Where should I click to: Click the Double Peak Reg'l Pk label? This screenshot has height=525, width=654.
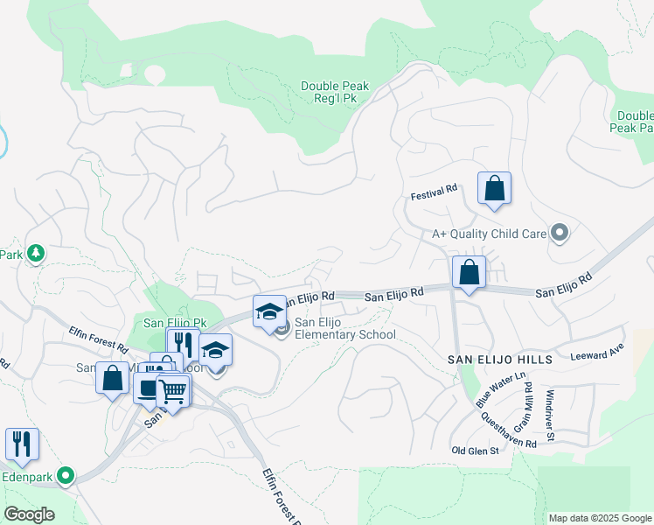335,93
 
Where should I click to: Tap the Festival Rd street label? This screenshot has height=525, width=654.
435,189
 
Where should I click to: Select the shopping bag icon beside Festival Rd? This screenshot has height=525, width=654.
494,188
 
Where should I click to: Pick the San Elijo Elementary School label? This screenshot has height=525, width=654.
344,328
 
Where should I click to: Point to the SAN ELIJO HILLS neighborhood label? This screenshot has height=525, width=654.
500,360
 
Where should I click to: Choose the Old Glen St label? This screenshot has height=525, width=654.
474,451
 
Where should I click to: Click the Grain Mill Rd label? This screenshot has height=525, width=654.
527,409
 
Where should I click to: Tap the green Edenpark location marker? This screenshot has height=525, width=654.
66,477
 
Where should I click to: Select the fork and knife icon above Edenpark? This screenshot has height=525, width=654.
22,444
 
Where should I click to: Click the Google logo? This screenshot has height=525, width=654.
29,514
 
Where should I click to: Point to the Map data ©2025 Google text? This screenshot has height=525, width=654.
599,518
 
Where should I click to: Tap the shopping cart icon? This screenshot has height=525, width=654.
172,391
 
